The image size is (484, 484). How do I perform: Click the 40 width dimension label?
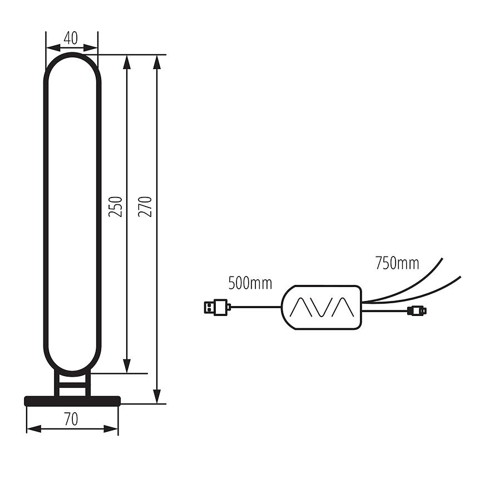pos(71,38)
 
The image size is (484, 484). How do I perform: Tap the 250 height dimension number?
pos(115,206)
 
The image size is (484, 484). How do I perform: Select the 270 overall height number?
pos(145,206)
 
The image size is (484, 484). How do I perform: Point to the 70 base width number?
pos(71,419)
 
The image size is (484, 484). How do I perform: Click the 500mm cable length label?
pos(250,283)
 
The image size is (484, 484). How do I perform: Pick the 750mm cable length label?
pos(397,263)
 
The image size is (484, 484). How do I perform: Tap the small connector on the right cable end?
pos(416,310)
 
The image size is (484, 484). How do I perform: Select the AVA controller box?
pos(322,307)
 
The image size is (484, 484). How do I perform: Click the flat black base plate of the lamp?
pos(72,401)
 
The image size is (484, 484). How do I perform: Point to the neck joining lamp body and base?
pos(72,384)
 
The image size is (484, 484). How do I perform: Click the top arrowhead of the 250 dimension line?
pos(127,62)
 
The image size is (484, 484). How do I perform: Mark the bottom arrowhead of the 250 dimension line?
pos(127,366)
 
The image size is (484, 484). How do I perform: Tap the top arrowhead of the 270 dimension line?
pos(157,62)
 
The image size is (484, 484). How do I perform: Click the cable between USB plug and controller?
pos(256,307)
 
